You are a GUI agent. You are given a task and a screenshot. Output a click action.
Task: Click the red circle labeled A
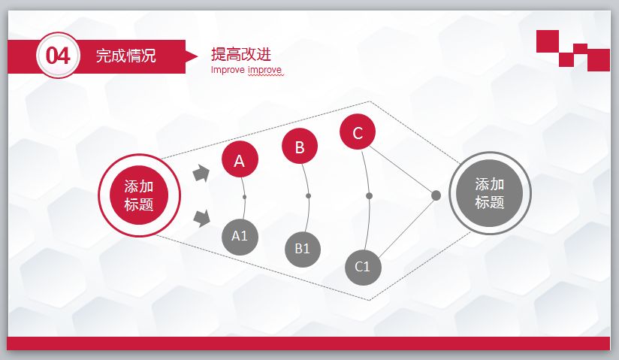pyautogui.click(x=240, y=159)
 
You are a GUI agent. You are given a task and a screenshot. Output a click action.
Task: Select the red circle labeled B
pyautogui.click(x=300, y=147)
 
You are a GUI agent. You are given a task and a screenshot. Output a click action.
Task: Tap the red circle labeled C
pyautogui.click(x=358, y=133)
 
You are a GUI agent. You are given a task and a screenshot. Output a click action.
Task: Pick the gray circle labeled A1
pyautogui.click(x=240, y=235)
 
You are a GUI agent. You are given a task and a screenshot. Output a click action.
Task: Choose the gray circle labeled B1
pyautogui.click(x=303, y=249)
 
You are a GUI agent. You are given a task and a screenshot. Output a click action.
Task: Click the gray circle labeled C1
pyautogui.click(x=363, y=266)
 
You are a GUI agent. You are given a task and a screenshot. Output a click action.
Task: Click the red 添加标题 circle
pyautogui.click(x=139, y=195)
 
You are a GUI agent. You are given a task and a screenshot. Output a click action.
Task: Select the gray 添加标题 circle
pyautogui.click(x=490, y=193)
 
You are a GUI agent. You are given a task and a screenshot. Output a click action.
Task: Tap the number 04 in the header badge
pyautogui.click(x=58, y=56)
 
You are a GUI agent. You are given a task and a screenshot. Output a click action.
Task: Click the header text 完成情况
pyautogui.click(x=126, y=56)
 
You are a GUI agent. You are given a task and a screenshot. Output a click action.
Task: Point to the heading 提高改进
pyautogui.click(x=240, y=54)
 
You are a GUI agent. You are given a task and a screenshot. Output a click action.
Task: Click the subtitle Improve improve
pyautogui.click(x=246, y=71)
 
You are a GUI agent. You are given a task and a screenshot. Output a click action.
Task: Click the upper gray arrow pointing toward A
pyautogui.click(x=201, y=174)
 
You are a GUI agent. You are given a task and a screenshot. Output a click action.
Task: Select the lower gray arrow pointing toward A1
pyautogui.click(x=201, y=219)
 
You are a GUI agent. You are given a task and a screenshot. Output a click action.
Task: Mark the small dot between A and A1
pyautogui.click(x=245, y=197)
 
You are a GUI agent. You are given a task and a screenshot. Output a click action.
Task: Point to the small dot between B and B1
pyautogui.click(x=308, y=196)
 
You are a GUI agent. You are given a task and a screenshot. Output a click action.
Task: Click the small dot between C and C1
pyautogui.click(x=369, y=196)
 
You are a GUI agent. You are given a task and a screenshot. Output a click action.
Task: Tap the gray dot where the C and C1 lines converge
pyautogui.click(x=436, y=195)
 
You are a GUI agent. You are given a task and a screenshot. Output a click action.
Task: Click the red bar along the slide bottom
pyautogui.click(x=309, y=343)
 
